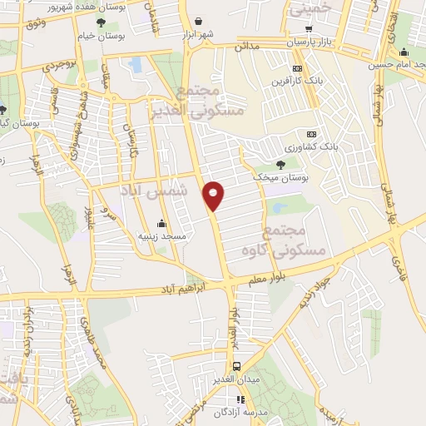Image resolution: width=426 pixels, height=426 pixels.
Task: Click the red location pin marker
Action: [214, 195]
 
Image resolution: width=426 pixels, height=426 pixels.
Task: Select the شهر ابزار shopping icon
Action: [198, 22]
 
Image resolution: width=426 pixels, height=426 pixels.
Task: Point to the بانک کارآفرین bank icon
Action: [298, 68]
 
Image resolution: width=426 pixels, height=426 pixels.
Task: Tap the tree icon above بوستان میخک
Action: [280, 163]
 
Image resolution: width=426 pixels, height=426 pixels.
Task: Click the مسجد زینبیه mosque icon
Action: [161, 223]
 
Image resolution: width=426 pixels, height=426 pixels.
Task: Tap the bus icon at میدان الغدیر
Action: [237, 366]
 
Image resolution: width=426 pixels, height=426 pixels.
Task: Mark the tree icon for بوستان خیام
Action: [102, 22]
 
